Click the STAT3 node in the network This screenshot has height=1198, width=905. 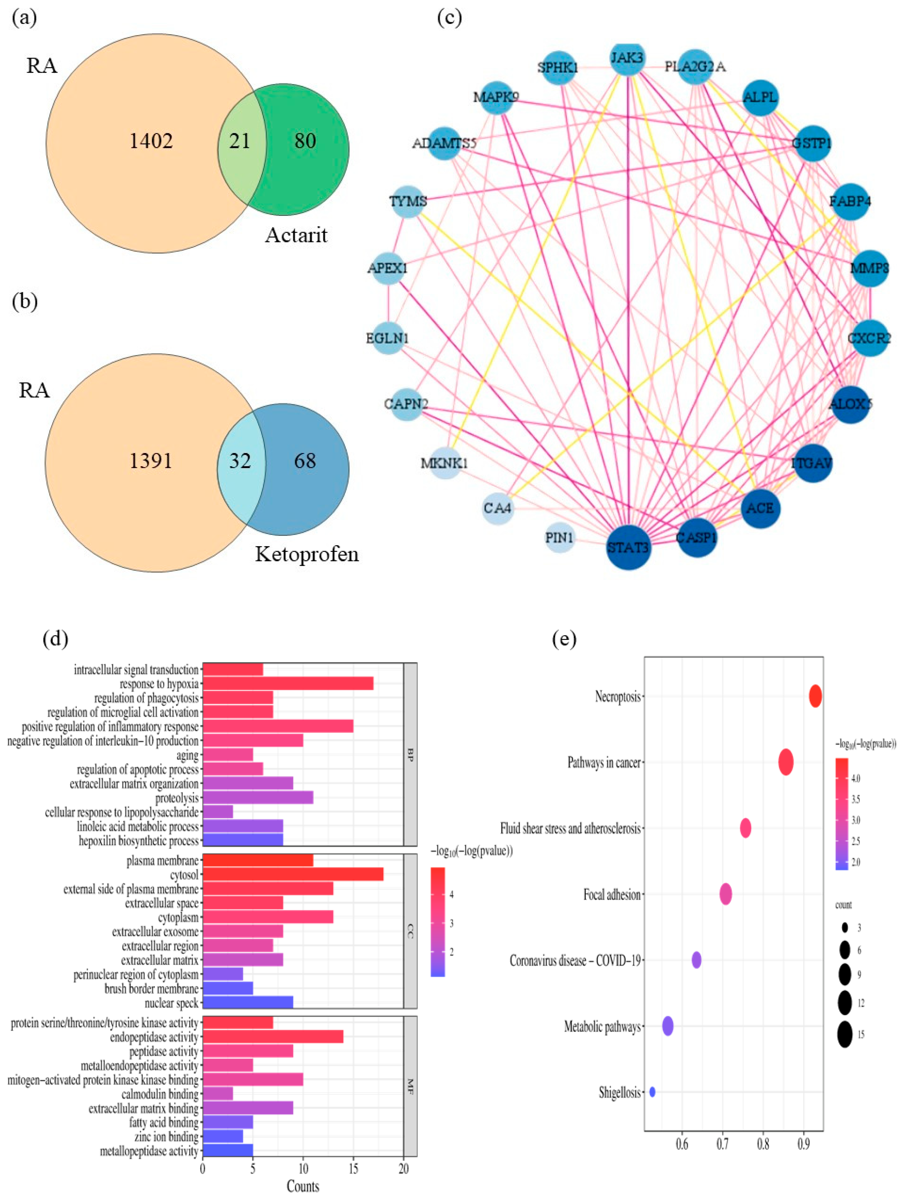tap(628, 547)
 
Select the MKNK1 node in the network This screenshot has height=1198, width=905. tap(445, 463)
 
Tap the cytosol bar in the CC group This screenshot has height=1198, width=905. tap(292, 875)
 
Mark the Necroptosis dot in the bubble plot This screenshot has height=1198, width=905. tap(815, 696)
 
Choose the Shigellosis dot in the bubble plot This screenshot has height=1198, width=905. tap(652, 1092)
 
